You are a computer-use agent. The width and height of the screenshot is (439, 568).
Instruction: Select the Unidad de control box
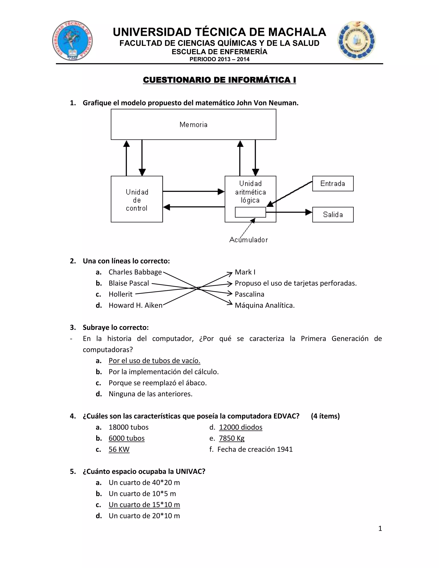[137, 199]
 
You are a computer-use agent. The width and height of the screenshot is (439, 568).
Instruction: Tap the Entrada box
[333, 184]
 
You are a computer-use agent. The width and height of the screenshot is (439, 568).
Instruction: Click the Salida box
[333, 215]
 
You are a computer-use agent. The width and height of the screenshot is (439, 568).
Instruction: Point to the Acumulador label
[248, 240]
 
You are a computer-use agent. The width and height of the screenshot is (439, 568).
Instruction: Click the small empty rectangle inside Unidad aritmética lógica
[250, 212]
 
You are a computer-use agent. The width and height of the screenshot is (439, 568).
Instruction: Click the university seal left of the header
[72, 41]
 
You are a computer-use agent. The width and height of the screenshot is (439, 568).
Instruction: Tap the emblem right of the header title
[356, 40]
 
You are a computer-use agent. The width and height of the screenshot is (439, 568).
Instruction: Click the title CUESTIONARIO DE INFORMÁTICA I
[219, 80]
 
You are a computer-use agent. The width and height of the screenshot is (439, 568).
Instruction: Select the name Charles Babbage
[135, 272]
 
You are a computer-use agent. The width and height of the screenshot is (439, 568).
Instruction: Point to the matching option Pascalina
[250, 294]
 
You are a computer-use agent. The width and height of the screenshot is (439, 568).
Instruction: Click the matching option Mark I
[245, 272]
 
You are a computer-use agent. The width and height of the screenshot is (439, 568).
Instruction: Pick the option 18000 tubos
[128, 427]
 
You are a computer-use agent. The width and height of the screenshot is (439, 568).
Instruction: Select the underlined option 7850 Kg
[232, 438]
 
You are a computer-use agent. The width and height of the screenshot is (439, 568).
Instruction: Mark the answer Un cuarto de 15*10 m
[144, 505]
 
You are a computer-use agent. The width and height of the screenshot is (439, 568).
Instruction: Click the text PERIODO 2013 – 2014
[219, 59]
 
